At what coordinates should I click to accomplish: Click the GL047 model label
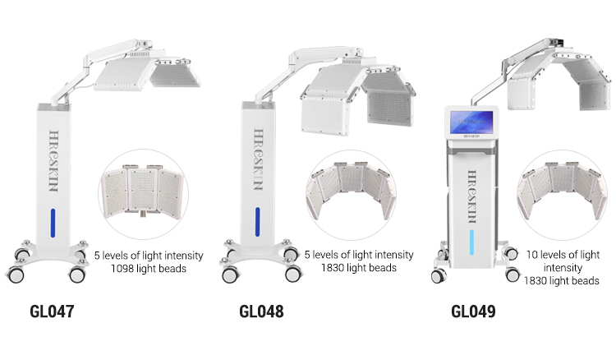click(52, 312)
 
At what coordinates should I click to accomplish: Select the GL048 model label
click(261, 312)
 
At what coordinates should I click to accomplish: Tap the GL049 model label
click(473, 312)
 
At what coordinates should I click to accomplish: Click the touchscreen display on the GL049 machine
click(471, 122)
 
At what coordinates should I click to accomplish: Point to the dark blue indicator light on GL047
click(53, 223)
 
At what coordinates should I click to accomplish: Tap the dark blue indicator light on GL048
click(258, 222)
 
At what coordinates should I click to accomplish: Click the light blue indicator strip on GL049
click(471, 242)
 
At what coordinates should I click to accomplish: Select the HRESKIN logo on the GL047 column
click(54, 161)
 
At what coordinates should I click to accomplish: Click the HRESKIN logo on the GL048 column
click(258, 159)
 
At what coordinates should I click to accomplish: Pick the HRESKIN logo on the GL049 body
click(471, 196)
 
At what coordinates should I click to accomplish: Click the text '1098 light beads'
click(149, 269)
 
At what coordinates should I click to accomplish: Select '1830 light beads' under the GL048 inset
click(359, 268)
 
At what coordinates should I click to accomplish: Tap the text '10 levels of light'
click(563, 255)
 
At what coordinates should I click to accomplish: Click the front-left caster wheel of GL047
click(15, 275)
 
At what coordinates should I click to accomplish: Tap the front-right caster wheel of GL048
click(293, 274)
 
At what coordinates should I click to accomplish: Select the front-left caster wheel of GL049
click(439, 276)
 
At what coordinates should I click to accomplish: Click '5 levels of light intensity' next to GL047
click(149, 256)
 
